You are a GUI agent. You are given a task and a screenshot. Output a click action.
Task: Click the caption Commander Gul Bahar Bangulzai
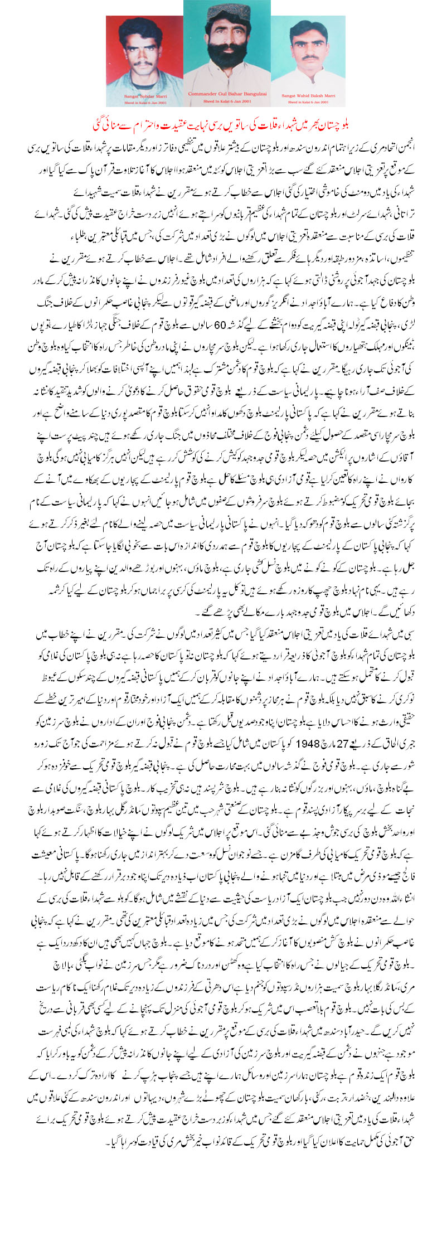click(227, 93)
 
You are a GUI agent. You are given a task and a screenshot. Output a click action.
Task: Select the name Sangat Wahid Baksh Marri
click(308, 95)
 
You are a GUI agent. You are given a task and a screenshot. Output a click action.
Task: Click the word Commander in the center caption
click(198, 93)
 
